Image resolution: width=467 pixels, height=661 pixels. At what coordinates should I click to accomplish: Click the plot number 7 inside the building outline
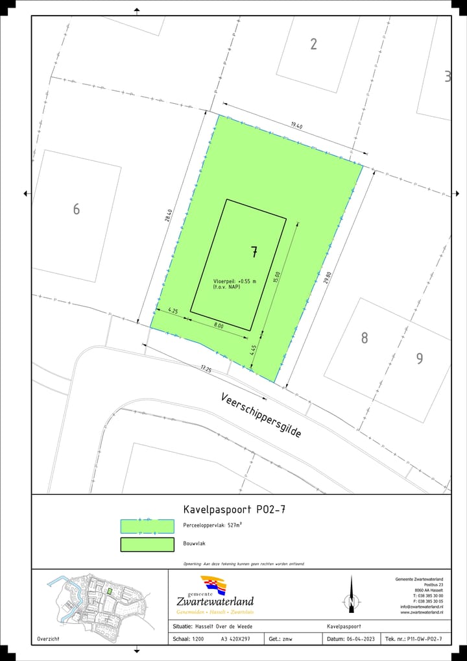(254, 253)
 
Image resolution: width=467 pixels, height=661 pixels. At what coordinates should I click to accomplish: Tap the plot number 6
(77, 209)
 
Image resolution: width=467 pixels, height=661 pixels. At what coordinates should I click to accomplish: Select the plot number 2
(314, 44)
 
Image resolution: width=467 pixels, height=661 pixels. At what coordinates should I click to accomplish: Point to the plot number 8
(365, 338)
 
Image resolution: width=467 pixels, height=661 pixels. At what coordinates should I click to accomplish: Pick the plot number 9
(420, 358)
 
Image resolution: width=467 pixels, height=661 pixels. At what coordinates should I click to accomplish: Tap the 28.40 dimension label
(169, 216)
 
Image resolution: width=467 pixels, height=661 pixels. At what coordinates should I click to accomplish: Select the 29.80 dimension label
(328, 278)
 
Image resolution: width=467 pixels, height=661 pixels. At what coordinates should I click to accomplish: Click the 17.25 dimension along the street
(206, 369)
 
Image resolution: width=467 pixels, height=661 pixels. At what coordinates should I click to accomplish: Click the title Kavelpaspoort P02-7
(234, 509)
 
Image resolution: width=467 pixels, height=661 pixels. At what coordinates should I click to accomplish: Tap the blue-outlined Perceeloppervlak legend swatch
(147, 526)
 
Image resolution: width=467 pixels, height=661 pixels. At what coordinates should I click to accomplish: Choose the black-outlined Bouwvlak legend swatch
(147, 544)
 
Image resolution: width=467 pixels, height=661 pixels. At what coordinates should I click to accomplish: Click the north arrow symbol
(352, 594)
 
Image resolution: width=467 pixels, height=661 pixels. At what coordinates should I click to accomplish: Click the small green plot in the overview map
(110, 592)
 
